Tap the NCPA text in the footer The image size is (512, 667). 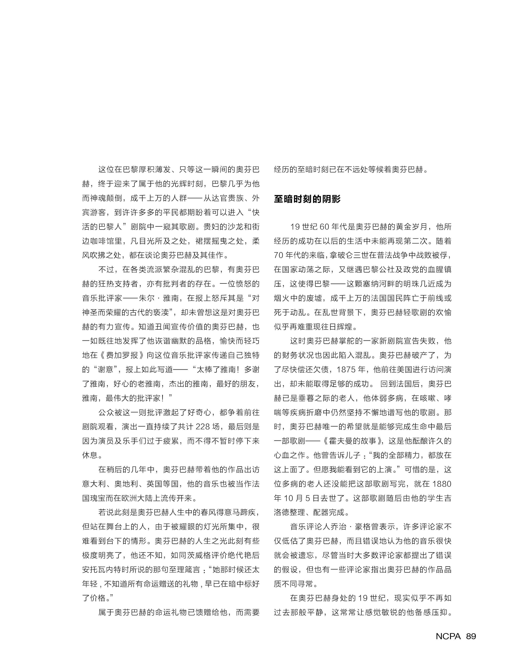pos(448,636)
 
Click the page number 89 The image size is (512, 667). pos(471,636)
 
